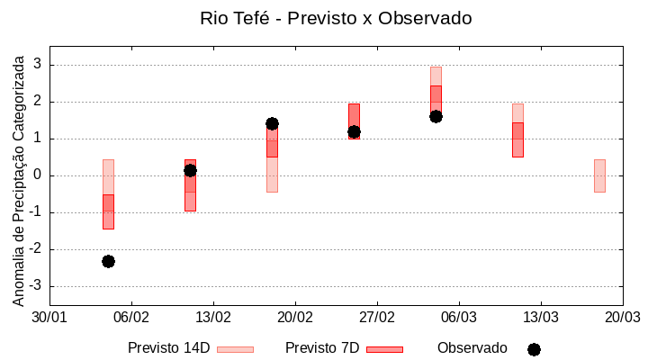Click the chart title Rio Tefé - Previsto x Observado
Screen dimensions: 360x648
tap(336, 18)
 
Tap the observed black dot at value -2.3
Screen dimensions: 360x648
tap(108, 261)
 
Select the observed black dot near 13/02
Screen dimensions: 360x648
tap(190, 170)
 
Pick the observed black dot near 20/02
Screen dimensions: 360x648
tap(272, 123)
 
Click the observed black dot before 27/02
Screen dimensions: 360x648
tap(354, 131)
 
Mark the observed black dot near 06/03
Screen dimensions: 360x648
tap(436, 116)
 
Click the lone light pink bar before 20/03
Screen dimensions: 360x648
tap(599, 175)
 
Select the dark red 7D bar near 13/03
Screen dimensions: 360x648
tap(517, 139)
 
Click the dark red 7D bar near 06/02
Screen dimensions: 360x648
tap(108, 211)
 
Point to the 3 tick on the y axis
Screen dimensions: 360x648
tap(38, 65)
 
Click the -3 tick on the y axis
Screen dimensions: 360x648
tap(35, 286)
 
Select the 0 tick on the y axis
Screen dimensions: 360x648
tap(38, 175)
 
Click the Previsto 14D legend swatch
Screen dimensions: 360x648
tap(235, 349)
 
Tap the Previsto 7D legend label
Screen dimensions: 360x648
tap(322, 348)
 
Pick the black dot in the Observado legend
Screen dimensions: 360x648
tap(534, 349)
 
